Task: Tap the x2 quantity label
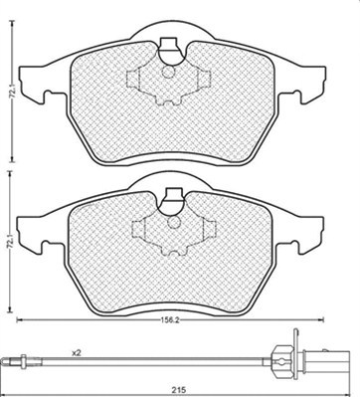77,353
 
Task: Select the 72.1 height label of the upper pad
13,92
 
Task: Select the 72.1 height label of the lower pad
11,241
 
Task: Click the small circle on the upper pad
169,72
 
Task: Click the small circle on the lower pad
173,222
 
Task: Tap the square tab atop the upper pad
168,44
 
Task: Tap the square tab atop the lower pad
173,194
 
